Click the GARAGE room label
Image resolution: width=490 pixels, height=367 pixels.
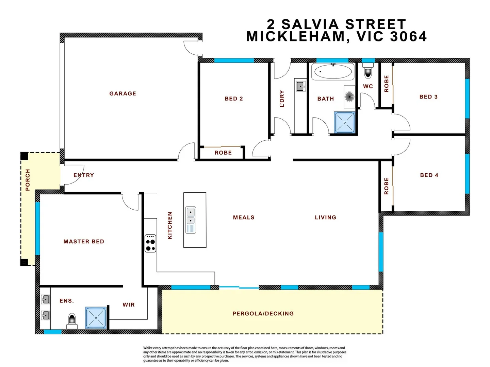pyautogui.click(x=122, y=93)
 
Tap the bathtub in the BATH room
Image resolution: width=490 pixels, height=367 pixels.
pyautogui.click(x=332, y=72)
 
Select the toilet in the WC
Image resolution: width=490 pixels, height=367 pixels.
pyautogui.click(x=368, y=72)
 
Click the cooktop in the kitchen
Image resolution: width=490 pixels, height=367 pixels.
pyautogui.click(x=150, y=243)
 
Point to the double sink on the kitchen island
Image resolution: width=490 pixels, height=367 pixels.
pyautogui.click(x=191, y=220)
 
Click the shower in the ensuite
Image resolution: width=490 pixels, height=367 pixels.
pyautogui.click(x=96, y=318)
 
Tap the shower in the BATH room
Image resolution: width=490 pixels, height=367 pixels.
pyautogui.click(x=344, y=122)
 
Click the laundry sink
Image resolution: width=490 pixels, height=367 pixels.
pyautogui.click(x=300, y=86)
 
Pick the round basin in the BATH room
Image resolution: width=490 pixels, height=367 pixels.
pyautogui.click(x=349, y=97)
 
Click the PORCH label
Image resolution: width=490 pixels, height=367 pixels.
pyautogui.click(x=28, y=180)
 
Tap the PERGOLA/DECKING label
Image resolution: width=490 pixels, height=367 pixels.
pyautogui.click(x=263, y=314)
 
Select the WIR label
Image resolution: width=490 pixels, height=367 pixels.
pyautogui.click(x=129, y=305)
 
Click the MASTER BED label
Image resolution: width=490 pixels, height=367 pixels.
pyautogui.click(x=84, y=242)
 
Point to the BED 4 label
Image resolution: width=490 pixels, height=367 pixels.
pyautogui.click(x=429, y=175)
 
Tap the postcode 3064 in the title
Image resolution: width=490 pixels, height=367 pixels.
pyautogui.click(x=408, y=37)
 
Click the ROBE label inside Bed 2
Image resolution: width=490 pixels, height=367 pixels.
pyautogui.click(x=223, y=153)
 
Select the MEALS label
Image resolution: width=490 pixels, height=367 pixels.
pyautogui.click(x=244, y=217)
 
